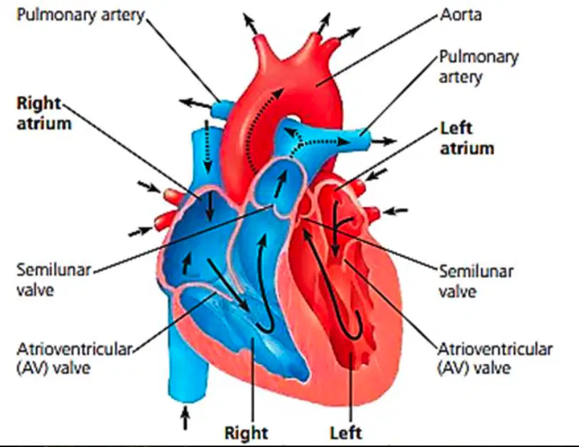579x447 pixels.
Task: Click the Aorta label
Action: pyautogui.click(x=461, y=15)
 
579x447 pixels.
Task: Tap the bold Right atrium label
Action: pyautogui.click(x=43, y=114)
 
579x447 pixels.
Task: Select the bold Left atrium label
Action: pyautogui.click(x=467, y=139)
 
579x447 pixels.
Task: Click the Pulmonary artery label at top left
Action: pyautogui.click(x=80, y=16)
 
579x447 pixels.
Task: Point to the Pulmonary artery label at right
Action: pyautogui.click(x=479, y=68)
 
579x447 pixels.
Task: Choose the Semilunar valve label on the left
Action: pyautogui.click(x=53, y=280)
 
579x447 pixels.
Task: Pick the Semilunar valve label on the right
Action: pyautogui.click(x=476, y=281)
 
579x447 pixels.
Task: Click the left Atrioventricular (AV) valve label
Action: pyautogui.click(x=74, y=359)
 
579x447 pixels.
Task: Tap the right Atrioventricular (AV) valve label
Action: pyautogui.click(x=495, y=359)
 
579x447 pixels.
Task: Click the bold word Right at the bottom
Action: pyautogui.click(x=247, y=433)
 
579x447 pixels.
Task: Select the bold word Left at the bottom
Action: pyautogui.click(x=346, y=433)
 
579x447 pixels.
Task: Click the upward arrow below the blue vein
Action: pyautogui.click(x=185, y=417)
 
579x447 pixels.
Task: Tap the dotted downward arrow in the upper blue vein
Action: pyautogui.click(x=207, y=146)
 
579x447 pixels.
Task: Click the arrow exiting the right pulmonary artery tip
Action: pyautogui.click(x=384, y=141)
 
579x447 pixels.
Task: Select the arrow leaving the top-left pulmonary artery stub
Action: pyautogui.click(x=195, y=103)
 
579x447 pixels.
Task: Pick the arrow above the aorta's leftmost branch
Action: pyautogui.click(x=250, y=23)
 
